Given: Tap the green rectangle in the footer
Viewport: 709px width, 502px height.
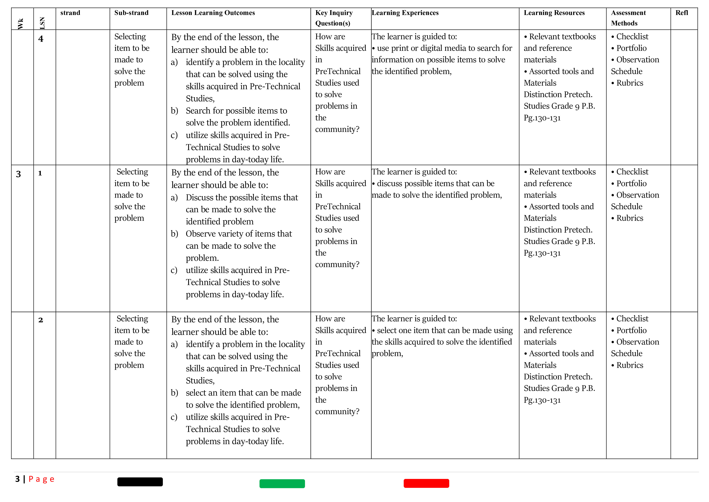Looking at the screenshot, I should coord(282,483).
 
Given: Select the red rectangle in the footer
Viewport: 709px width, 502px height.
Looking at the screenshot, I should coord(426,483).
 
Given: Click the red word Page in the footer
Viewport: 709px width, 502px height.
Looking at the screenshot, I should coord(41,479).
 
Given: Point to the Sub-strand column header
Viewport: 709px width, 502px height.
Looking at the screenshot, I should coord(131,13).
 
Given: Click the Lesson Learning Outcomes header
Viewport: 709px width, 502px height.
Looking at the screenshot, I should coord(213,13).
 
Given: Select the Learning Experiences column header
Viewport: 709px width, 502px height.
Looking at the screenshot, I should coord(405,13).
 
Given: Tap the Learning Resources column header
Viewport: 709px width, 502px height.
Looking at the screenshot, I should coord(554,13).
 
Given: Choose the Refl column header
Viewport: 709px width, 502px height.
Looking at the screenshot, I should coord(682,13).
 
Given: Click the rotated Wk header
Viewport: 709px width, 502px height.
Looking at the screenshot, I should coord(21,24).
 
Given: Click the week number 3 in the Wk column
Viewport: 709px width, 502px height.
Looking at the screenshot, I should coord(19,174).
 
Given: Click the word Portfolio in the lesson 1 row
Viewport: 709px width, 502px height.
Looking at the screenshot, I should coord(631,183).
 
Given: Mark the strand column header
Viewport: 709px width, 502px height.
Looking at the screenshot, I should coord(70,13).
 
